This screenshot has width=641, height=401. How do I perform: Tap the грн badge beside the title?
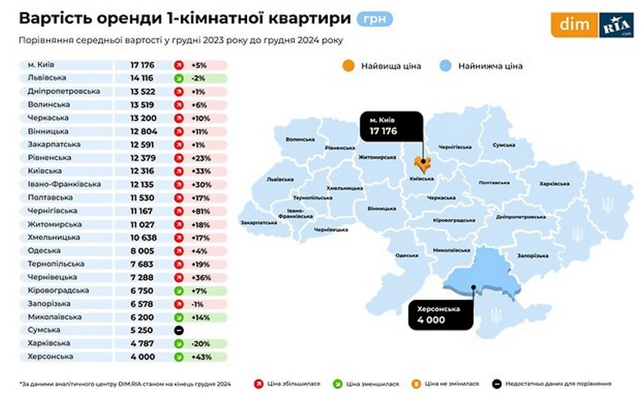point(374,19)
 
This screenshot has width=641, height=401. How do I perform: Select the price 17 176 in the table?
point(142,65)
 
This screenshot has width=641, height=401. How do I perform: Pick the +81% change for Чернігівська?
point(202,211)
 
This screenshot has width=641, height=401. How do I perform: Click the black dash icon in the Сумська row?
point(179,331)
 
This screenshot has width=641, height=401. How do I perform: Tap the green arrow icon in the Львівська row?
point(179,78)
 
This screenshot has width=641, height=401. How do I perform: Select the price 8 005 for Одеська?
point(142,250)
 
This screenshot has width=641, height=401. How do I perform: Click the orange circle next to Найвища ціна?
point(348,66)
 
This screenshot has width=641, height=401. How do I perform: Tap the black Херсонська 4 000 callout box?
point(441,315)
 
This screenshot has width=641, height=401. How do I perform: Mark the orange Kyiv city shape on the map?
point(423,164)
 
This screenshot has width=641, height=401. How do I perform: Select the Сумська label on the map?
point(503,145)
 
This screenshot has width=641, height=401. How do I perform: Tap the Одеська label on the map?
point(407,255)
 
